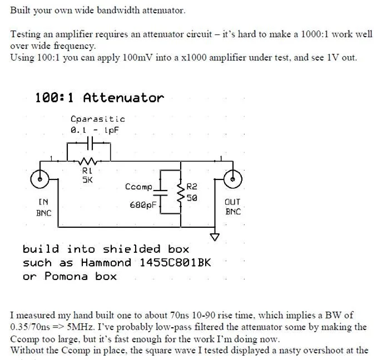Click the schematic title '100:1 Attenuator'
[x=100, y=98]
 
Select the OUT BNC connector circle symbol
[x=233, y=179]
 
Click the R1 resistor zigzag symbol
[x=88, y=161]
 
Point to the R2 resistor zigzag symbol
[x=180, y=192]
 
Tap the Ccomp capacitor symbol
[x=160, y=192]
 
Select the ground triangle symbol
[x=215, y=237]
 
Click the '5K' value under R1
[x=87, y=180]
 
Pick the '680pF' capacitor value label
[x=143, y=205]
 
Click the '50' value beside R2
[x=192, y=197]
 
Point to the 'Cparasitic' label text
[x=98, y=119]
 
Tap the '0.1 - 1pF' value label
[x=95, y=129]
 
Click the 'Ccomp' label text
[x=139, y=187]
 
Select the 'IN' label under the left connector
[x=43, y=202]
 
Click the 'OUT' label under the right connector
[x=232, y=202]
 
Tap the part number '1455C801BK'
[x=174, y=263]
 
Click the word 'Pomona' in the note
[x=64, y=276]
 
